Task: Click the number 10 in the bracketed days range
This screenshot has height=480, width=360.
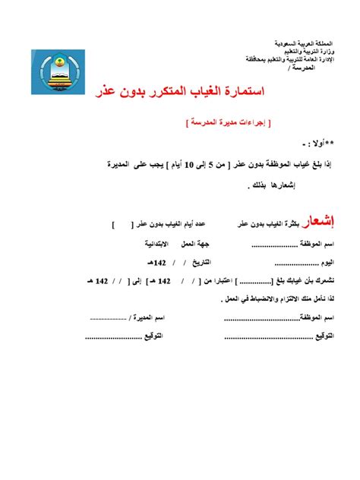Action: pos(201,163)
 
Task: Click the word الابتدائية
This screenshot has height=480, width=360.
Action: pos(161,245)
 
